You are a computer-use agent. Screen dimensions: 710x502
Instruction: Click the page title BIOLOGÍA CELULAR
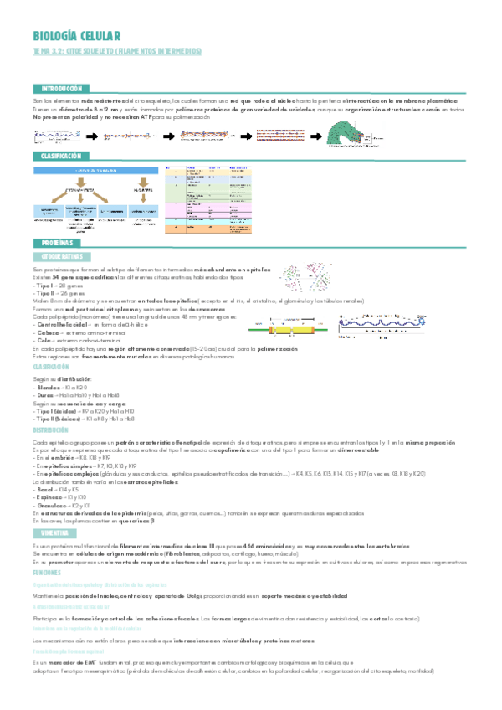(x=77, y=36)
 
